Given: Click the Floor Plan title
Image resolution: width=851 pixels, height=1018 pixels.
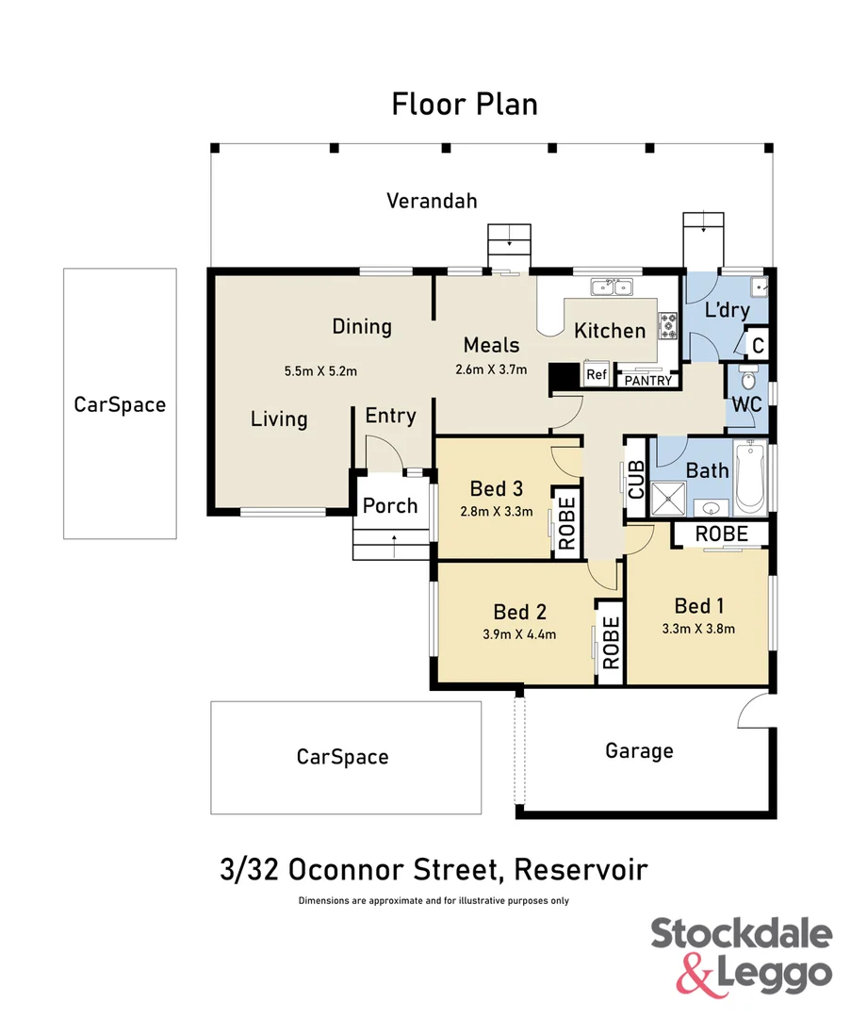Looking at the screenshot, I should pos(465,104).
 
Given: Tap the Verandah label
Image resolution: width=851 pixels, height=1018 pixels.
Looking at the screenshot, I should pos(432,201).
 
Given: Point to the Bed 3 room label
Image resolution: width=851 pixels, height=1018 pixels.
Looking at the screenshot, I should pos(496,488).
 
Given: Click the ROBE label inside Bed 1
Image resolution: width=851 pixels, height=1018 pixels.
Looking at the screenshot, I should pos(721,534).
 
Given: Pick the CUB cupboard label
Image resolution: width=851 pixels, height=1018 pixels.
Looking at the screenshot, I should pos(636,481).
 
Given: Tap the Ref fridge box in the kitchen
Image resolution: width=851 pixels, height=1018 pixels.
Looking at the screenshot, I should pos(596,374).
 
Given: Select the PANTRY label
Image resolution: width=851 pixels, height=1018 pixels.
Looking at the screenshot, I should pos(647,381).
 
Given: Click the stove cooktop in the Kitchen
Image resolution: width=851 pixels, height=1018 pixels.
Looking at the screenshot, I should pos(668,326).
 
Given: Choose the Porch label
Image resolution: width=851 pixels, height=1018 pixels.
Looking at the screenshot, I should pos(390,505).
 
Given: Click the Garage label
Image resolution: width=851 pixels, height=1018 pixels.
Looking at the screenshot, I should pos(639,751).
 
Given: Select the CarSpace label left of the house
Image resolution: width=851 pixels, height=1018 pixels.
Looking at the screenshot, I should pos(120,404).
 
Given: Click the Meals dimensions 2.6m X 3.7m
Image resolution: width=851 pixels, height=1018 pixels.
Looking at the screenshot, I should pos(491,369).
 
